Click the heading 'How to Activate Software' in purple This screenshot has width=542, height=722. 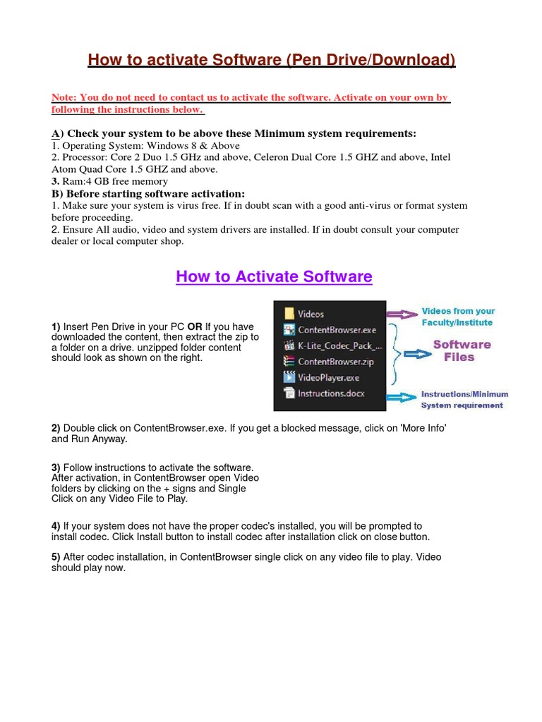(274, 276)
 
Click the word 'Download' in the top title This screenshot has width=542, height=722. (414, 61)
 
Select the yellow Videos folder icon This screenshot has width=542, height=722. (288, 314)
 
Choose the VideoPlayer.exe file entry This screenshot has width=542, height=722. (328, 377)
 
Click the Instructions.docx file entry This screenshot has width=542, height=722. (331, 393)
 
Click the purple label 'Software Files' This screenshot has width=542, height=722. (462, 350)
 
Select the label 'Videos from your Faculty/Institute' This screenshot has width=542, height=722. (458, 317)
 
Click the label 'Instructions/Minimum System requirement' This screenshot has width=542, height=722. (464, 400)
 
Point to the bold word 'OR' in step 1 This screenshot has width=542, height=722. (195, 327)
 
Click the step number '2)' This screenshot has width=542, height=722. (56, 428)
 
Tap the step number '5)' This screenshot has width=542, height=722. (56, 557)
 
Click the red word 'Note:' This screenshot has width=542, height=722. (64, 97)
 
